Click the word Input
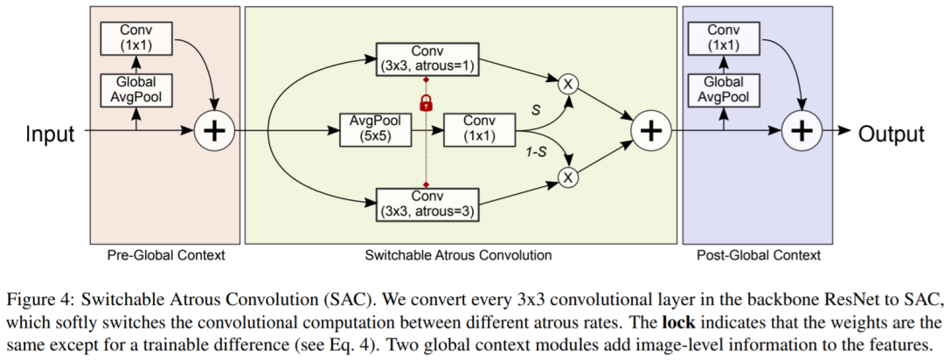pos(50,134)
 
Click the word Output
pos(891,134)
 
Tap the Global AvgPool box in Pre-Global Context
pos(135,90)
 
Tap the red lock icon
pos(427,103)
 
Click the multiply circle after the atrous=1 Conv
pos(569,83)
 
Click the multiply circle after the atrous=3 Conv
pos(569,178)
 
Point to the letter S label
pos(534,111)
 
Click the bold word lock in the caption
pos(677,320)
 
